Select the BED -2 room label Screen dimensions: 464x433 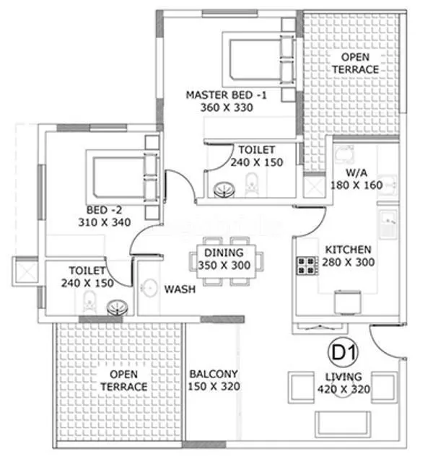coord(104,216)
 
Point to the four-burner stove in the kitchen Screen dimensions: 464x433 coord(307,266)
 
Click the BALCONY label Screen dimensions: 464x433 coord(214,380)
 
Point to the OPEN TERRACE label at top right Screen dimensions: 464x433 coord(354,64)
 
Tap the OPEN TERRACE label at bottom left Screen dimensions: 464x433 coord(124,381)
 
